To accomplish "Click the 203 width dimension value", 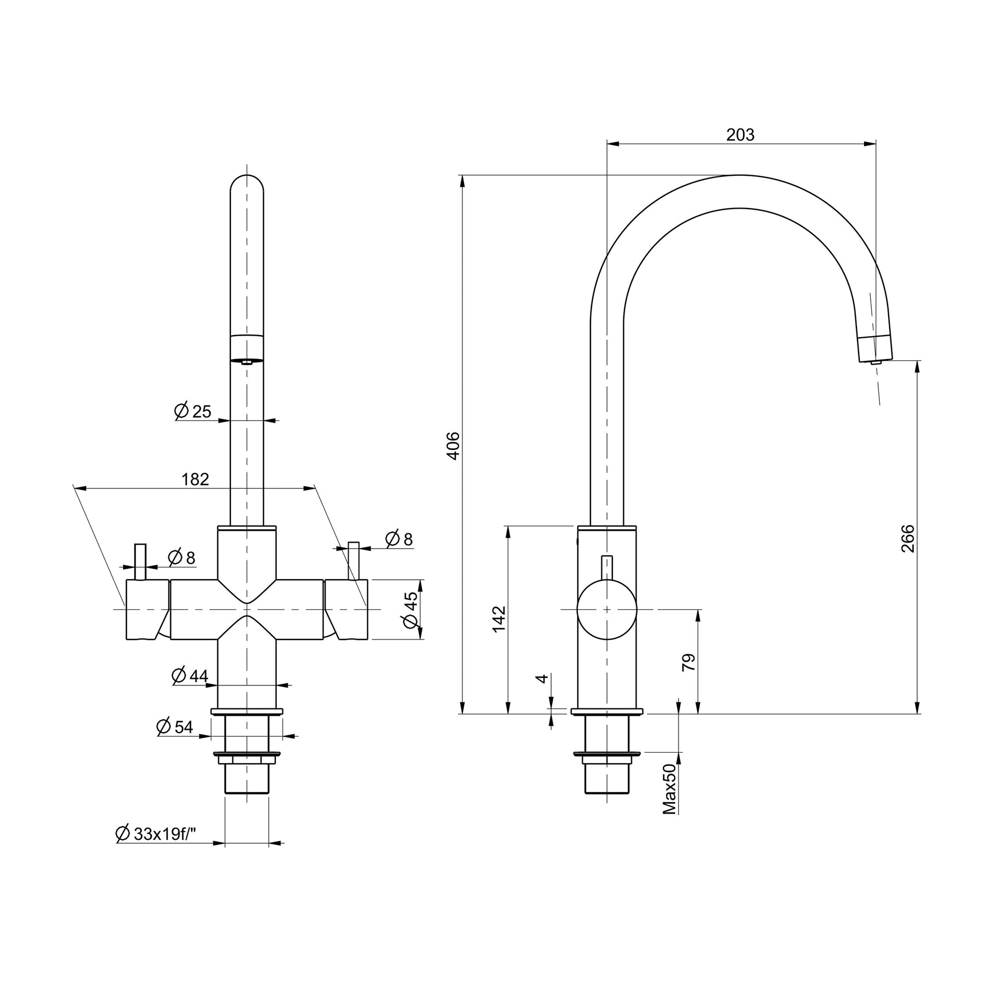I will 740,135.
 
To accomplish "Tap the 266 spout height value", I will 908,538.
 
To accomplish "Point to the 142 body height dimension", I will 499,619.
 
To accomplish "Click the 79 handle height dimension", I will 690,662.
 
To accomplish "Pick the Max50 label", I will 670,789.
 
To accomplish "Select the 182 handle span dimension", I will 195,479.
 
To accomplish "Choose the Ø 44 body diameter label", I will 189,676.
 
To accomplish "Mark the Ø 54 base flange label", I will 175,727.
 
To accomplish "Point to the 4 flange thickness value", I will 542,678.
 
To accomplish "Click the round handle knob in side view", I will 607,609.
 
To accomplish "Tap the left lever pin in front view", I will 141,562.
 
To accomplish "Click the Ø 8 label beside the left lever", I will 181,558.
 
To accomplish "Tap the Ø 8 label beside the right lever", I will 398,539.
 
